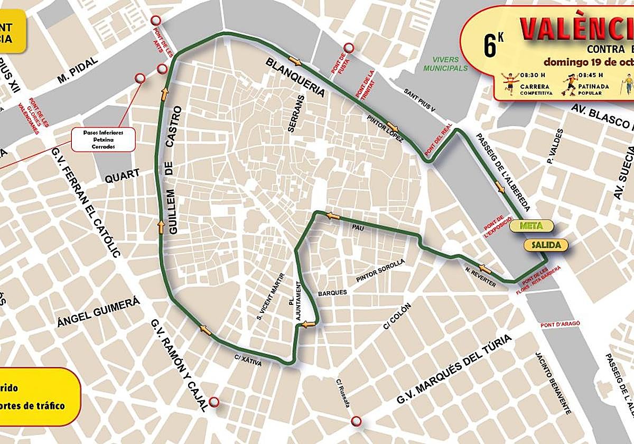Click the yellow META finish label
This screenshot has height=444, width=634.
(531, 226)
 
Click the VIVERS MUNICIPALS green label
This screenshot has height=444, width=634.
(445, 64)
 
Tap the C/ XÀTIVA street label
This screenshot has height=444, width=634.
(248, 359)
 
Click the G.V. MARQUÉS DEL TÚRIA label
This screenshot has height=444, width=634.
(455, 369)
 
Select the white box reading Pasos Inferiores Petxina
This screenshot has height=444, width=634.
(103, 139)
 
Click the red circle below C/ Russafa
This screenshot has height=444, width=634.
(357, 421)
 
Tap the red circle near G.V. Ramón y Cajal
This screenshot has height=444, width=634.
(214, 402)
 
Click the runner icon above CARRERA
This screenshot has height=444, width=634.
(509, 82)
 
